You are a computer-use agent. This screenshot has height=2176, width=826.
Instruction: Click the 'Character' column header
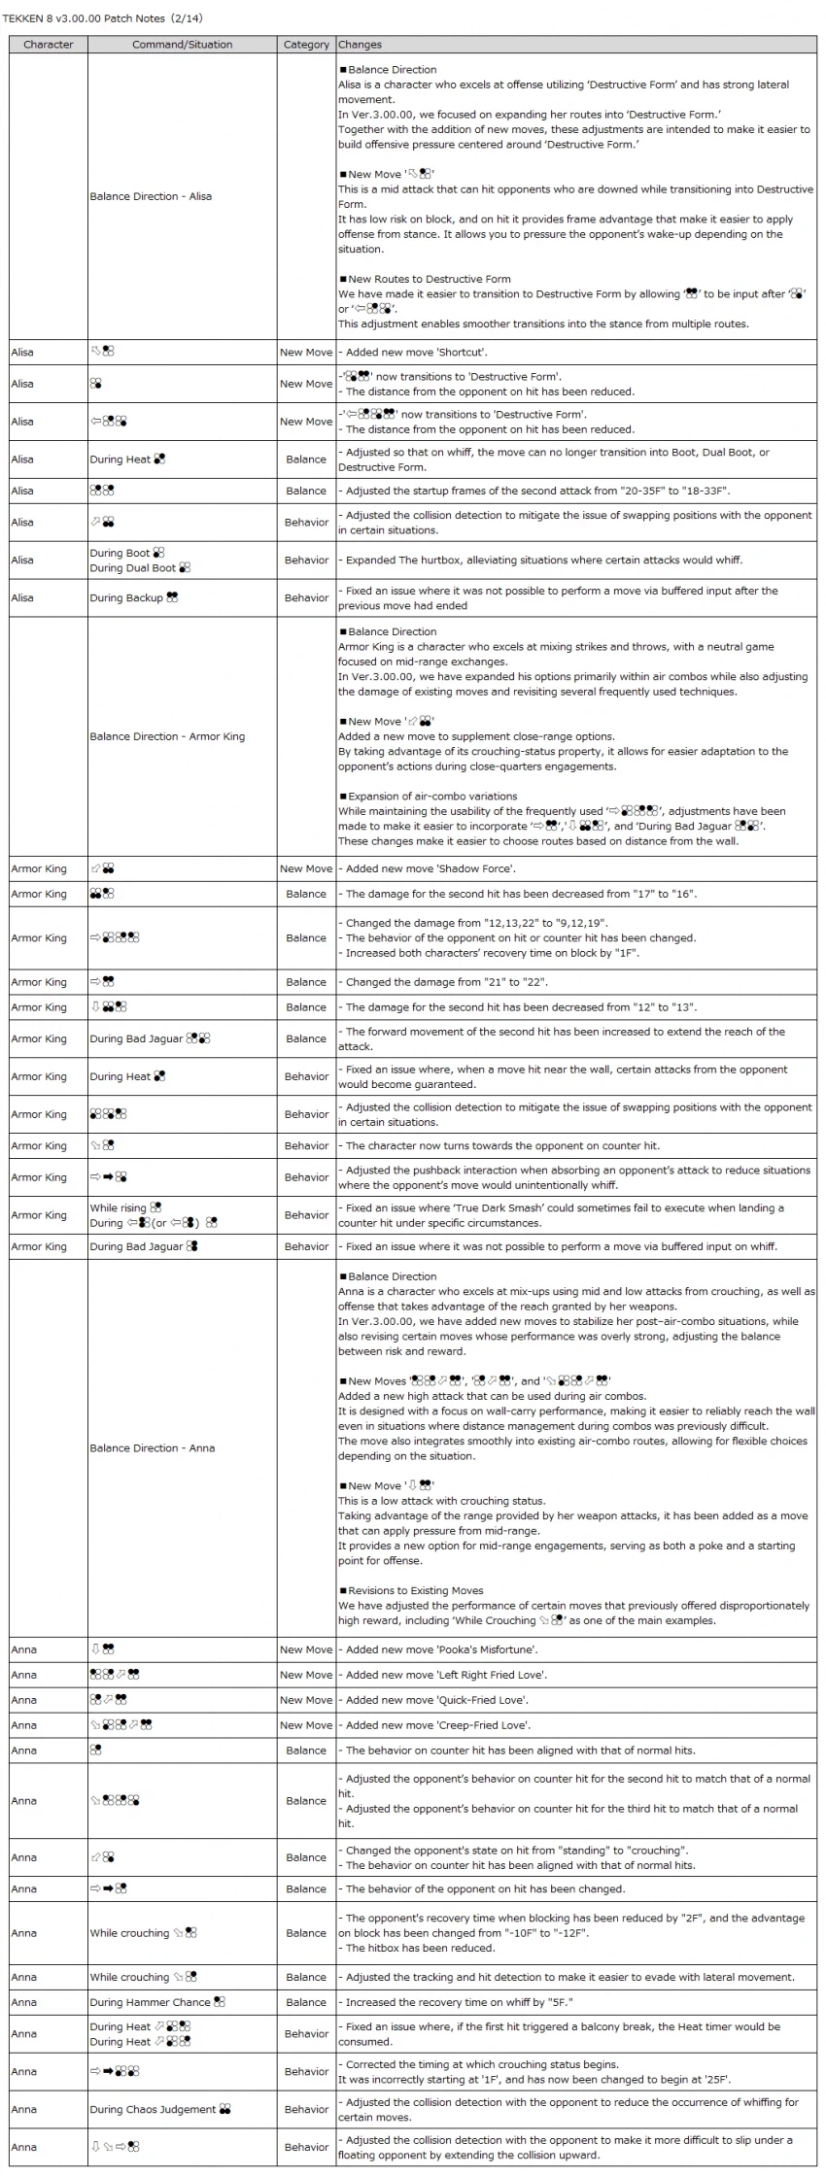point(48,45)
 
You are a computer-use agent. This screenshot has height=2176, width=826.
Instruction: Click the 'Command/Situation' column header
point(182,45)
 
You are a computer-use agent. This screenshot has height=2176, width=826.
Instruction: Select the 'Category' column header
point(306,45)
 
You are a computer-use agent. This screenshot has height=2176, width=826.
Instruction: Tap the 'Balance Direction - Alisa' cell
point(151,196)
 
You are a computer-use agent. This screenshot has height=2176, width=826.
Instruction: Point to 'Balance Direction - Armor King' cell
point(167,736)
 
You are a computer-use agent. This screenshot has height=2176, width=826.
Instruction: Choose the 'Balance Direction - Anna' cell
point(153,1447)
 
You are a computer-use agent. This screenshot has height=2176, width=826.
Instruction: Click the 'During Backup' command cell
point(133,598)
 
